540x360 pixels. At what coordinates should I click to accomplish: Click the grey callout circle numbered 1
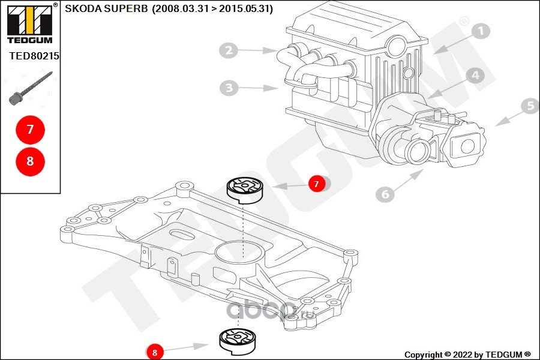pos(481,32)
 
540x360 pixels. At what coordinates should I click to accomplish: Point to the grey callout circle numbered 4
pos(475,76)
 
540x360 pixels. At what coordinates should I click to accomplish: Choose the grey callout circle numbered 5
pos(530,107)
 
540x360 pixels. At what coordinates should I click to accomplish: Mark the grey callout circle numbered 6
pos(386,194)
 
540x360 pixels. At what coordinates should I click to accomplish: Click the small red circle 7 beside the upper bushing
pos(317,184)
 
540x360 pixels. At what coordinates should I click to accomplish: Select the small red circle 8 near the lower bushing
pos(154,352)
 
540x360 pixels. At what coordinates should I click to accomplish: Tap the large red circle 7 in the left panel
pos(30,130)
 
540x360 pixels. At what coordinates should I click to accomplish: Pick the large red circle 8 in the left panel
pos(30,161)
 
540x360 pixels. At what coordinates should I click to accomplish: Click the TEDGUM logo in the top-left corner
pos(29,23)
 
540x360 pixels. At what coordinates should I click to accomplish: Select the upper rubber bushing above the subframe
pos(244,189)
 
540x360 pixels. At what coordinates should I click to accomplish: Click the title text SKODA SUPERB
pos(106,9)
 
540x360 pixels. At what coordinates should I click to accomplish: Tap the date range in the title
pos(212,9)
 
